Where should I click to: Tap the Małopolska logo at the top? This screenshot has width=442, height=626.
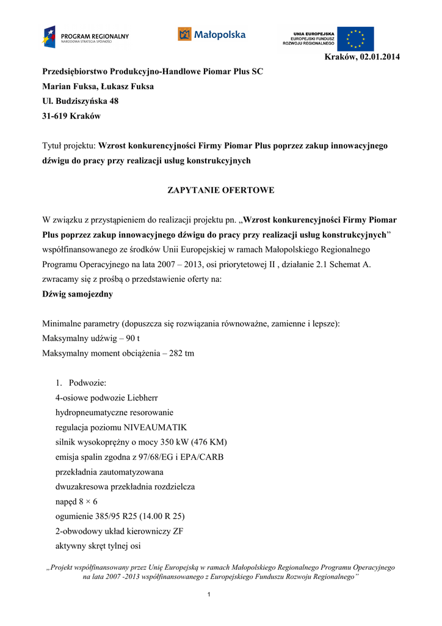[211, 34]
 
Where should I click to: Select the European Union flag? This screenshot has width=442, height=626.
[355, 39]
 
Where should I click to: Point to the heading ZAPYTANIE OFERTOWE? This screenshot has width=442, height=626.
[221, 190]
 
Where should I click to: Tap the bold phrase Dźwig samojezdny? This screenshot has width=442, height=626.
[78, 294]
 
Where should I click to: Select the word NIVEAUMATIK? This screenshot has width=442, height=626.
[156, 427]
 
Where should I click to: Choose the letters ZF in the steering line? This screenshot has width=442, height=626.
[178, 531]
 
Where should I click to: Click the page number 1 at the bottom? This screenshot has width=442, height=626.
[209, 595]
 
